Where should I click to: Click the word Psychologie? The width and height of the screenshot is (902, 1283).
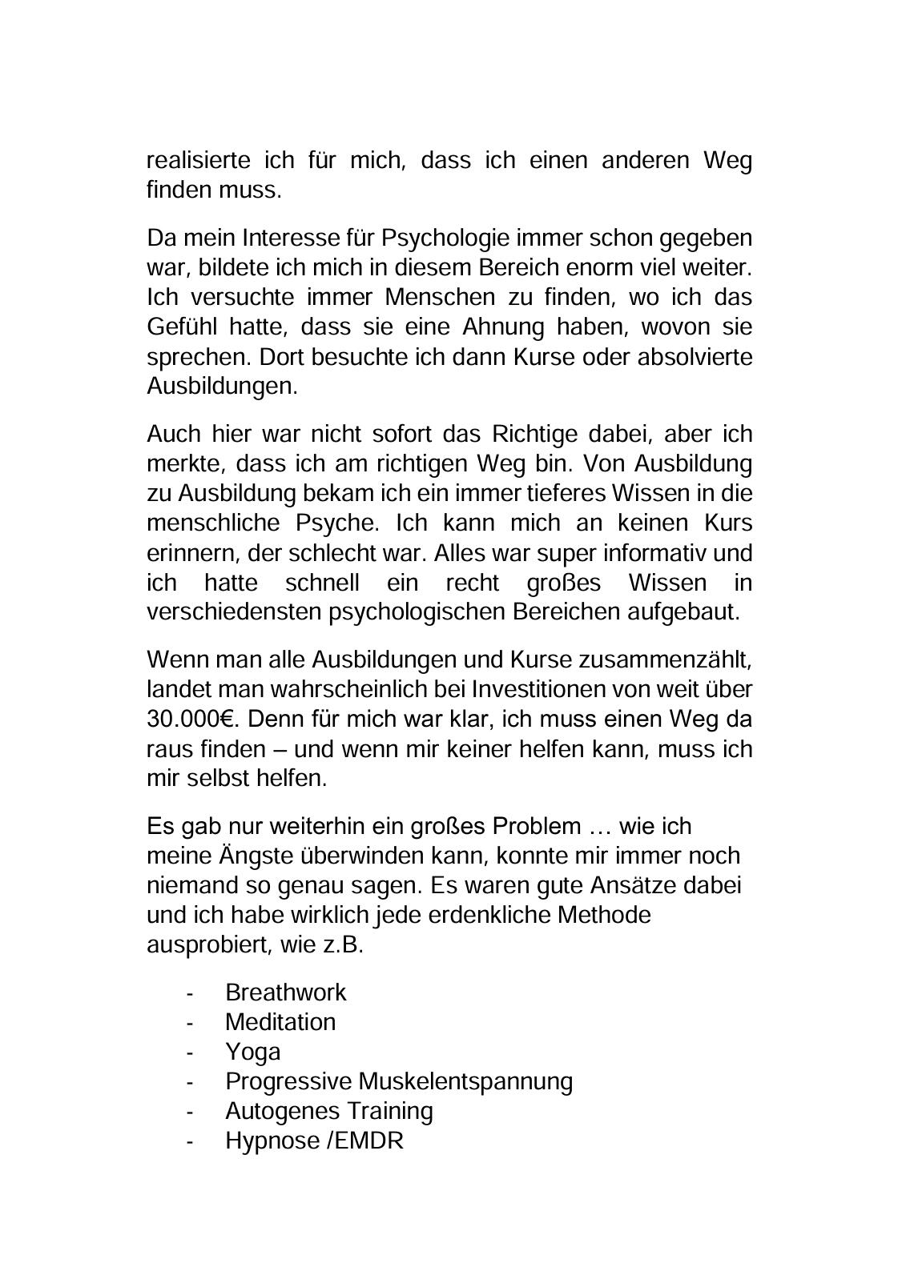point(445,239)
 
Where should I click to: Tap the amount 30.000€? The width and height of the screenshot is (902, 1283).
point(188,719)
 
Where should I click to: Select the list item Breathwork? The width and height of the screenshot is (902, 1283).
point(285,992)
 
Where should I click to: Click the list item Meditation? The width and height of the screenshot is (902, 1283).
point(280,1022)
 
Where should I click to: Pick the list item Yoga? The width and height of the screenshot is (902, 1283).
point(252,1052)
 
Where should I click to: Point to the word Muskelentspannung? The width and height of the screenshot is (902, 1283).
point(465,1081)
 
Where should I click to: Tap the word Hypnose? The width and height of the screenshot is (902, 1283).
point(272,1141)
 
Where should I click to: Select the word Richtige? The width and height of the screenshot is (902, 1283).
point(534,434)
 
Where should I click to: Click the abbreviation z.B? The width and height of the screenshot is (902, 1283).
point(343,944)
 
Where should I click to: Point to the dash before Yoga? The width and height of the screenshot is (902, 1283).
point(190,1052)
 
